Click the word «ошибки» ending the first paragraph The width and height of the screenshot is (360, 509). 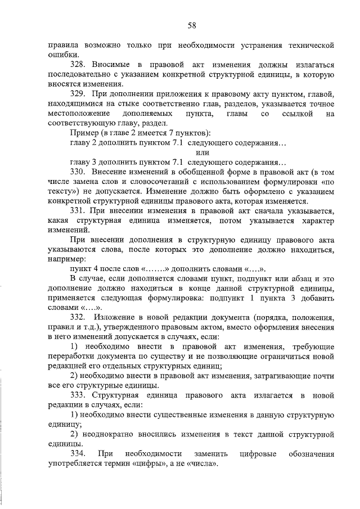pos(61,55)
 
